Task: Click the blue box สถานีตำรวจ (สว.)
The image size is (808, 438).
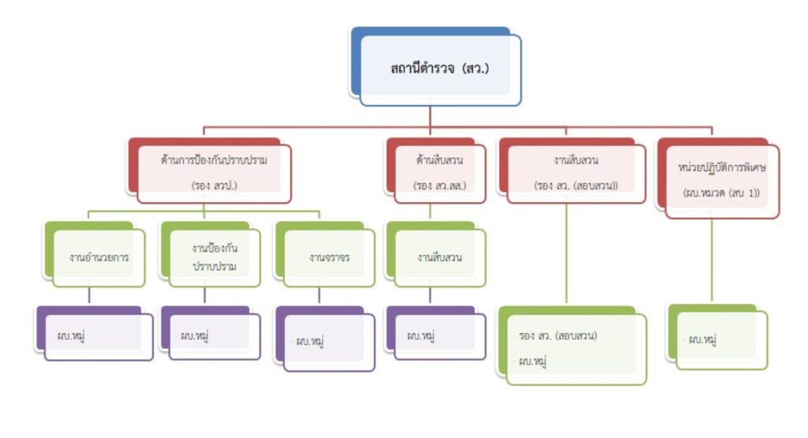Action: [440, 69]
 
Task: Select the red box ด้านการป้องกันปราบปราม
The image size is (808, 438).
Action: [213, 173]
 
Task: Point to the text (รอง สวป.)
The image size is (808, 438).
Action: [213, 186]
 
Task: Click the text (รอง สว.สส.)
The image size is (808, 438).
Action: [439, 186]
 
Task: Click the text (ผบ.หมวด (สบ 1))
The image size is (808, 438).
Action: [722, 193]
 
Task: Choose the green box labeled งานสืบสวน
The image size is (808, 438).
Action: [440, 257]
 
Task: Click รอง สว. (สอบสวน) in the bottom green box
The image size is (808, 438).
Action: [558, 335]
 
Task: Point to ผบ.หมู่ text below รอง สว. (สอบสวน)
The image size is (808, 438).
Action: [533, 361]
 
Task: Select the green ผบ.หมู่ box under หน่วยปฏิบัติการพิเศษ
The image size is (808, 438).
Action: [722, 339]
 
